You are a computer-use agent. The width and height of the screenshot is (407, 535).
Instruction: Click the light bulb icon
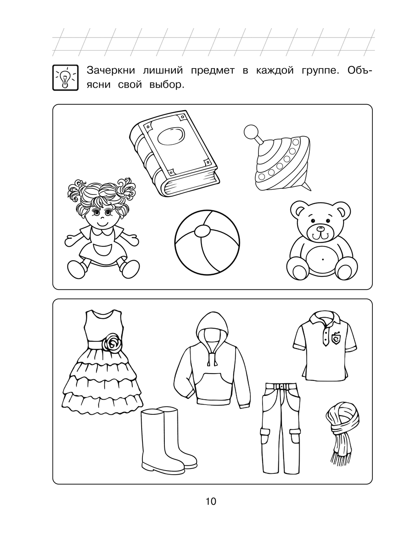coord(65,77)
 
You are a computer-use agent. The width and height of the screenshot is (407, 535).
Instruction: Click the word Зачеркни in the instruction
coord(111,71)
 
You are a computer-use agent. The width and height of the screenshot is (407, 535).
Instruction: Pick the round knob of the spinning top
coord(250,131)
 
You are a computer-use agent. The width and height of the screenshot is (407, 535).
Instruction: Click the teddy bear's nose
coord(320,228)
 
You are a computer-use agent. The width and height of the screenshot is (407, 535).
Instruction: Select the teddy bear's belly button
coord(323,259)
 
